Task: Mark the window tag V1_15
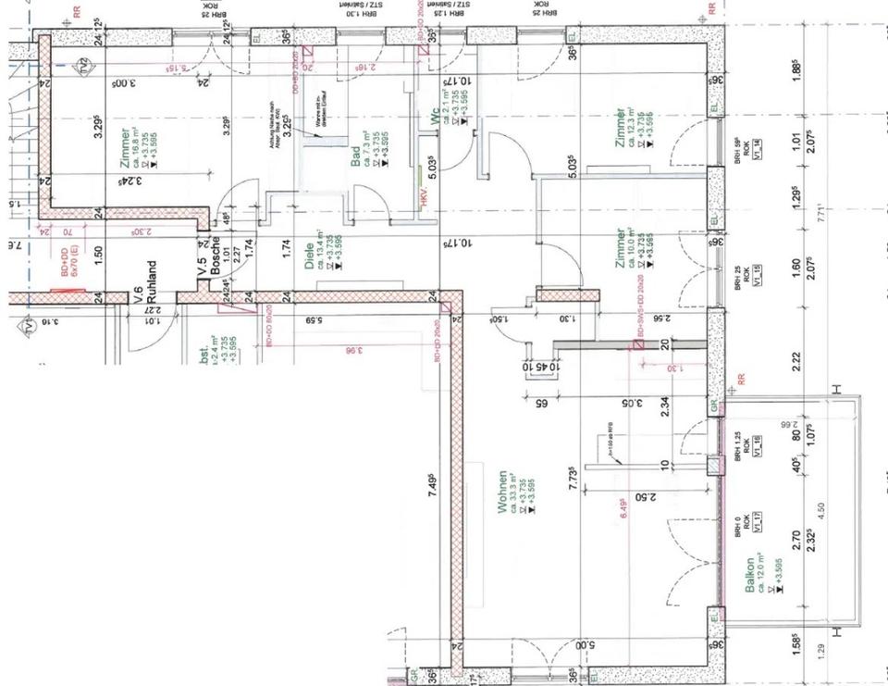pyautogui.click(x=757, y=277)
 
